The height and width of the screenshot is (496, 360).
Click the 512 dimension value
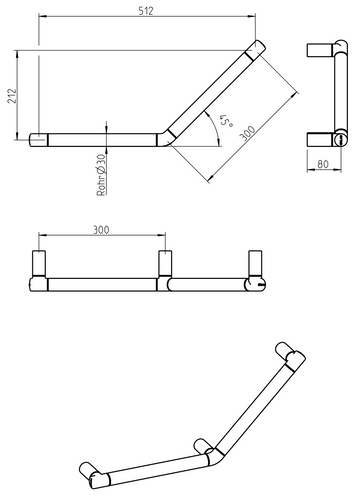click(x=146, y=11)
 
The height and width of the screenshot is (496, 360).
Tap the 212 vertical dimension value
click(x=12, y=96)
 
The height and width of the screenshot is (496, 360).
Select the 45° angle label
click(x=226, y=121)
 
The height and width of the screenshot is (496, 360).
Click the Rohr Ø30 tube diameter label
click(x=102, y=175)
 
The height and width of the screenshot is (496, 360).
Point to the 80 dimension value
click(x=323, y=164)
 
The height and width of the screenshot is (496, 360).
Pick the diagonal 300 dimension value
click(x=248, y=133)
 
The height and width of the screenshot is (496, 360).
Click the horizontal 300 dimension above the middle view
click(x=101, y=230)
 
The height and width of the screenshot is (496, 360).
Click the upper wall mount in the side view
click(x=319, y=50)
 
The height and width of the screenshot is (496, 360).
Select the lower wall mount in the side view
click(x=319, y=139)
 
